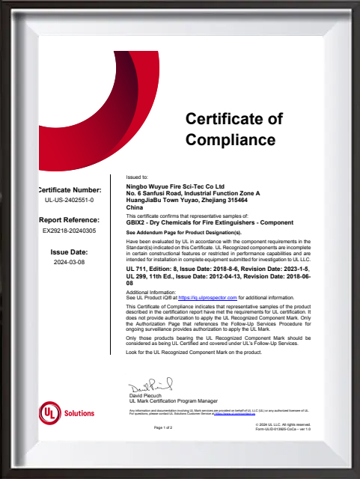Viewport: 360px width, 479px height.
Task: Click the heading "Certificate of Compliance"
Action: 234,128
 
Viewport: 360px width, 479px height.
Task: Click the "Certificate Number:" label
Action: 69,191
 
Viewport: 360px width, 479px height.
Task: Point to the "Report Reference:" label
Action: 69,220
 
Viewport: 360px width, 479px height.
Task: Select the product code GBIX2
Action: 136,222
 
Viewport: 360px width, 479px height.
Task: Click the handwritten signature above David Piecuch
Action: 150,387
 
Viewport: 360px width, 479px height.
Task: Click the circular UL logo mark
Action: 50,412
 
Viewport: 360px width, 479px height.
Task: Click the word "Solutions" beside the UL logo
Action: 79,413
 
